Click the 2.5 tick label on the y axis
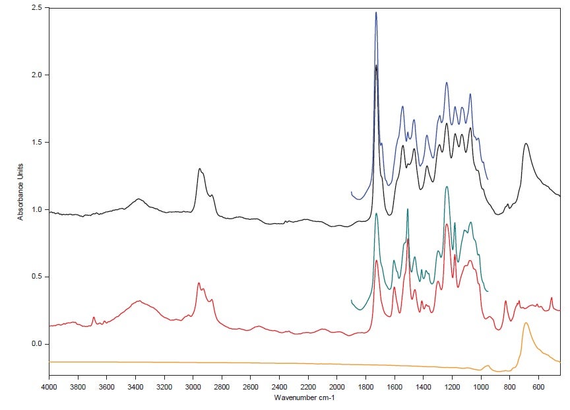coord(38,8)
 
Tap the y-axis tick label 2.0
coord(38,75)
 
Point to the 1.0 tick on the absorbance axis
coord(38,210)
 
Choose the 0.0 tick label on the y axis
coord(38,344)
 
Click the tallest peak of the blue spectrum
coord(376,13)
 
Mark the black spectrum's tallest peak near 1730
coord(376,65)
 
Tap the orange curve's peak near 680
coord(526,323)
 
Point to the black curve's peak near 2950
coord(199,169)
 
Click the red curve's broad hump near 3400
coord(138,301)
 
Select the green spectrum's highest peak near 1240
coord(447,187)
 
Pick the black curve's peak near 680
coord(526,143)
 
